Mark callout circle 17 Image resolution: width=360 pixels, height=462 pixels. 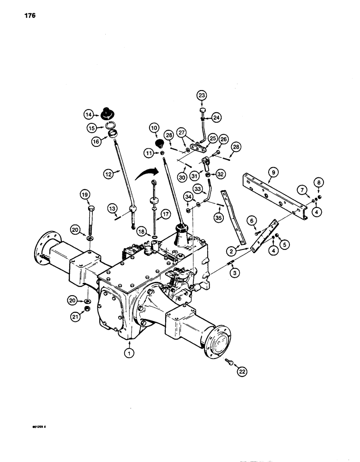165,214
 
